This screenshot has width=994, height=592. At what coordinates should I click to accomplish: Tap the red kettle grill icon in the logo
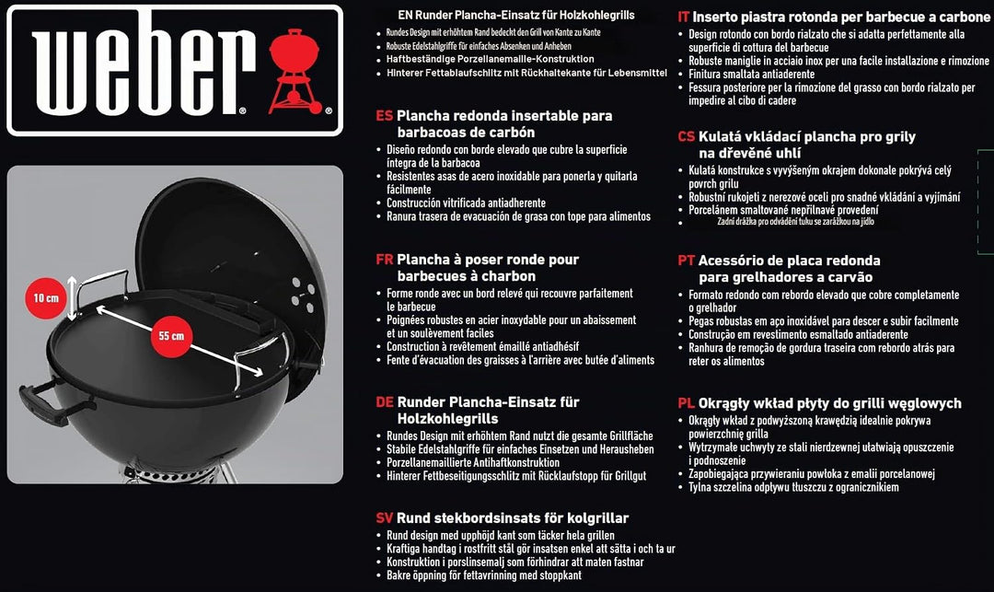295,71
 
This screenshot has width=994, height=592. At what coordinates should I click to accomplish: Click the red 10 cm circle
46,298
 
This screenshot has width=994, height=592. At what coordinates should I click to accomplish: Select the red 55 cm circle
171,336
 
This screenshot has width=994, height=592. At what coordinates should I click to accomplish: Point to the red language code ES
384,116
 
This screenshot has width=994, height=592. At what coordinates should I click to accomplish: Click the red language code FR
384,260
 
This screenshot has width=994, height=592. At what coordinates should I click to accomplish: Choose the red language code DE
384,402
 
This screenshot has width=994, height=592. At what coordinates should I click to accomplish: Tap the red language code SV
384,518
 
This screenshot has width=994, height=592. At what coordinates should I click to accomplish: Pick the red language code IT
683,17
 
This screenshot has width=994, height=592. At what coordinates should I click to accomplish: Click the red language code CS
687,137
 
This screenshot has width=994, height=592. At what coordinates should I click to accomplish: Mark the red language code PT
687,261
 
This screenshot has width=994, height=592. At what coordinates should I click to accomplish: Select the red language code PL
687,404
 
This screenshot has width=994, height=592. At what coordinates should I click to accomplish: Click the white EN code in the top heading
405,16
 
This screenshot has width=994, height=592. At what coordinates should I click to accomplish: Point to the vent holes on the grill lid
303,294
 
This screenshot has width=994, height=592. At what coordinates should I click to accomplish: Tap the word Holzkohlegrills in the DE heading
447,419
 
